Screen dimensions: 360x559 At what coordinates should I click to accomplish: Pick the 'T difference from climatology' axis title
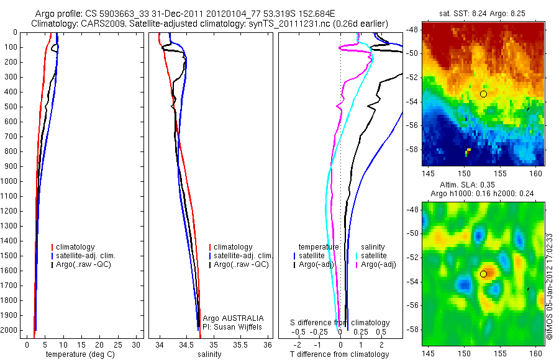click(339, 354)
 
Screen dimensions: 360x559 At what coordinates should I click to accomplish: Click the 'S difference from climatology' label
click(340, 323)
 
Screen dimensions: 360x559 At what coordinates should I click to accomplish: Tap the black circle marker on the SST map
click(483, 94)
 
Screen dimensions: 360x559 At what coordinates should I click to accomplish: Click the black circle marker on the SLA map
click(483, 274)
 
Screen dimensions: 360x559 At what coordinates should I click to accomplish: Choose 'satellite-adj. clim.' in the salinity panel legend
click(243, 256)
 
